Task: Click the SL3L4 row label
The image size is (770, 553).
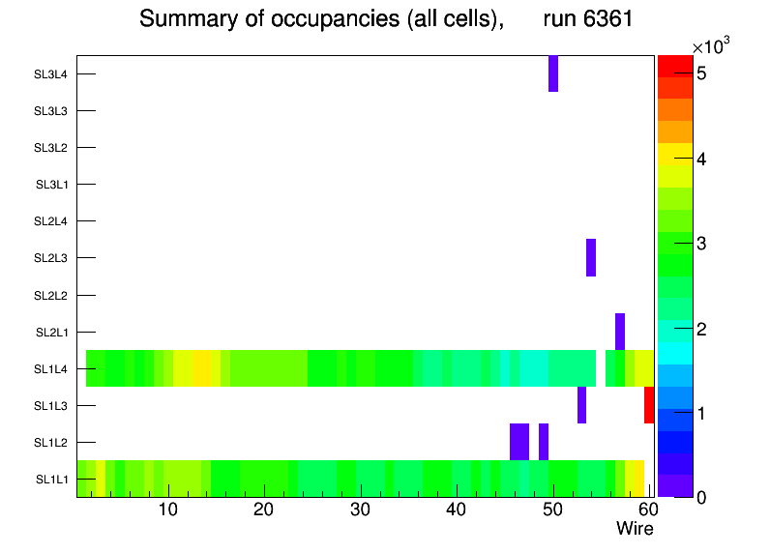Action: point(52,73)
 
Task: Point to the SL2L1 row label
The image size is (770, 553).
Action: point(52,332)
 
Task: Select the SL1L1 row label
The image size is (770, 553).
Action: point(52,480)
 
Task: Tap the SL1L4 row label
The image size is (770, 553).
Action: point(52,368)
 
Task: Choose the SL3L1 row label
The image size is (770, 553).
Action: point(52,185)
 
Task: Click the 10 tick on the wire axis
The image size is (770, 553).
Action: point(168,509)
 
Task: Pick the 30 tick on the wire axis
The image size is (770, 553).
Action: point(360,509)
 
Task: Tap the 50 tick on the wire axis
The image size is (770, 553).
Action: point(552,509)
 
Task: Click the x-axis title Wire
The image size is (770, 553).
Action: point(635,529)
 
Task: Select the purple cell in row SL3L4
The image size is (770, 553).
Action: point(553,73)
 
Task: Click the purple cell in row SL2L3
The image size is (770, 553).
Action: point(591,257)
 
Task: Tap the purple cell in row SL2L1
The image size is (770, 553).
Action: point(620,332)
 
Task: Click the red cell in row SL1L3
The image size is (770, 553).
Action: point(649,405)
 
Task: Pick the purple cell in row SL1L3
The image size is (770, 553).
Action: point(581,405)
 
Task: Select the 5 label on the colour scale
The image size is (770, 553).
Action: point(701,73)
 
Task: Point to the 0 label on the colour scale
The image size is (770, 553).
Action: point(701,497)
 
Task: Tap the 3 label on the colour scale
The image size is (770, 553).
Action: point(701,243)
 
